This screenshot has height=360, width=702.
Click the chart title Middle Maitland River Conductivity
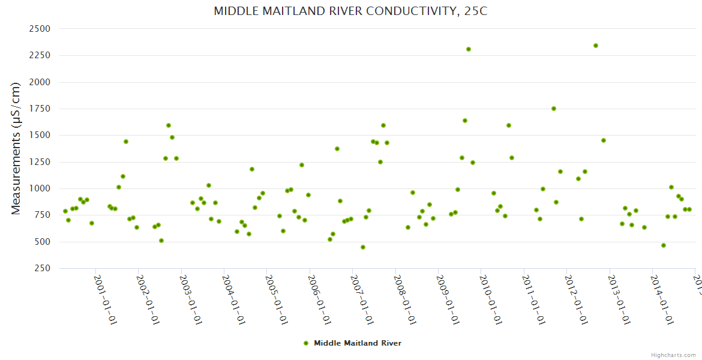tap(350, 11)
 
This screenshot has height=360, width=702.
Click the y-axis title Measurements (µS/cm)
tap(16, 148)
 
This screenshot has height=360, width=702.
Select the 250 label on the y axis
tap(41, 268)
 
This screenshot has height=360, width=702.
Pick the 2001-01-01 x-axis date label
tap(105, 299)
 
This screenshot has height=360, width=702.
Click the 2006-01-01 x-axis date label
tap(319, 299)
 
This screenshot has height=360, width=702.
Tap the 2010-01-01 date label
tap(490, 299)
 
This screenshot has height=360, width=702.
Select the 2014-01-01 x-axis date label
tap(661, 299)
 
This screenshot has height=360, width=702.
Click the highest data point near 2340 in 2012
tap(596, 46)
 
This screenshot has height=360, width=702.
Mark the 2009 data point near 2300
tap(469, 49)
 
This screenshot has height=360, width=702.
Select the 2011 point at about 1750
tap(554, 109)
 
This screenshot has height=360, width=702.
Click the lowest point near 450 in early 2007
tap(363, 247)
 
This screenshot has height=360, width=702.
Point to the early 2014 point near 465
tap(664, 245)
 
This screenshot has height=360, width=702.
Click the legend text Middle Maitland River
tap(358, 343)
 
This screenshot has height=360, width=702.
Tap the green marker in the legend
tap(306, 343)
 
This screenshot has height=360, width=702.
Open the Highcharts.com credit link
tap(673, 355)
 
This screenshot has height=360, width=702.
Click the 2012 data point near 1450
tap(604, 140)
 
